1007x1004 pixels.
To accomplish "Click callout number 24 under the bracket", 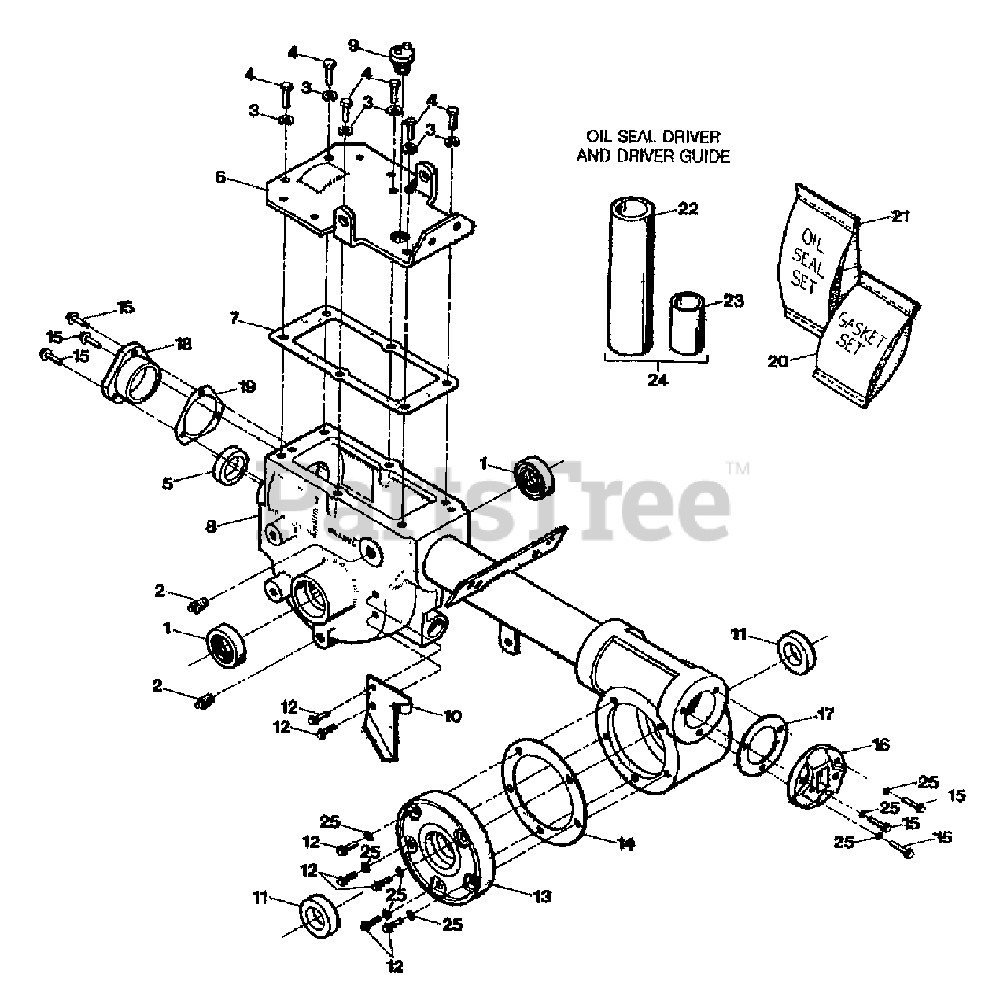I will click(x=658, y=379).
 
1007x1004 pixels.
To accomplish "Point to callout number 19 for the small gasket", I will click(x=246, y=386).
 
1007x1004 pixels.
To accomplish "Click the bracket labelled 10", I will click(x=385, y=720).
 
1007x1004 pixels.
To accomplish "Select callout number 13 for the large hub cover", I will click(x=542, y=896).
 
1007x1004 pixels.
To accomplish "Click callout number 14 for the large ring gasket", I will click(x=625, y=843).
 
